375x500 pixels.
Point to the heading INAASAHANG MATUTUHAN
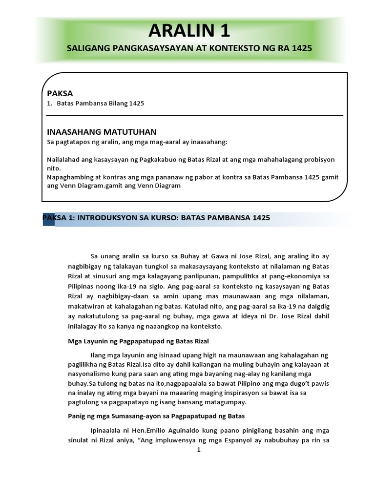tap(101, 131)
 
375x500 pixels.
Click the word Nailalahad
tap(63, 160)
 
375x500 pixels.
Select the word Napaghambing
tap(69, 177)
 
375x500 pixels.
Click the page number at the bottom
tap(198, 451)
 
